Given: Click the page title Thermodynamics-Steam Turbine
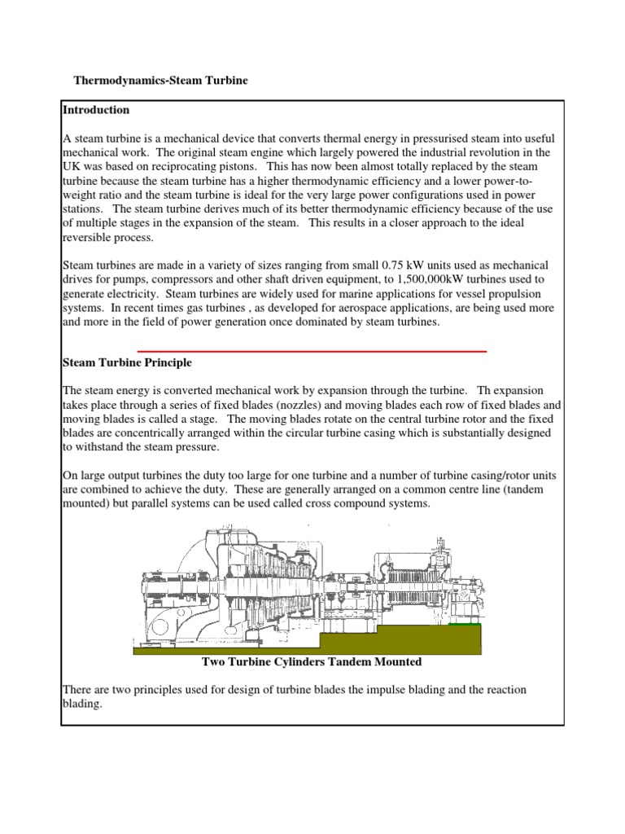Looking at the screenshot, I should point(160,81).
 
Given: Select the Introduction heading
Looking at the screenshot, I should point(96,110).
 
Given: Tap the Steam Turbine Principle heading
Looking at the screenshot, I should point(127,362).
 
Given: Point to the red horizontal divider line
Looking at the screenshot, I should point(312,351).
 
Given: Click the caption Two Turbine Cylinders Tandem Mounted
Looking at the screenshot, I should point(312,661).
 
